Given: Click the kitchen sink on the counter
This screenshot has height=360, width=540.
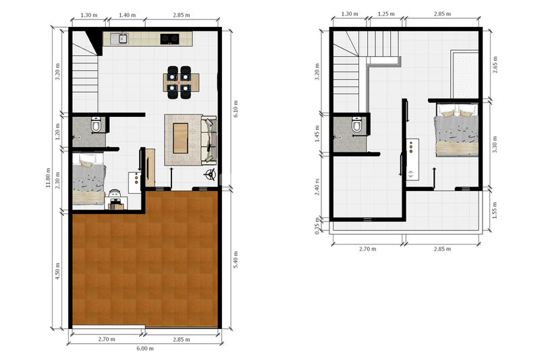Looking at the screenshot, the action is click(119, 38).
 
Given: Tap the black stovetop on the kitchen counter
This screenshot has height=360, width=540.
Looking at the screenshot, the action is click(169, 39).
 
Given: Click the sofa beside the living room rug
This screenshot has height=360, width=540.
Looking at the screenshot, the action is click(209, 140).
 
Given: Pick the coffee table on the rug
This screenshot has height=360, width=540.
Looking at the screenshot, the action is click(180, 138).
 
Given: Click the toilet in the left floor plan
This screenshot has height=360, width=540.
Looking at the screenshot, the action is click(96, 124).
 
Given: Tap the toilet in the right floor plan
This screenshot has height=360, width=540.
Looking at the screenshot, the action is click(357, 124).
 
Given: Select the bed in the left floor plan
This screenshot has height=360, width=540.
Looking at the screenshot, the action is click(88, 179).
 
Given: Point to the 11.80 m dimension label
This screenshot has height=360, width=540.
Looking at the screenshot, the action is click(48, 178).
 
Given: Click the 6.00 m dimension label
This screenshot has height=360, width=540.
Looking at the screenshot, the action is click(145, 349).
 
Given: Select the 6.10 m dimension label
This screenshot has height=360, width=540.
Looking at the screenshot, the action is click(236, 109).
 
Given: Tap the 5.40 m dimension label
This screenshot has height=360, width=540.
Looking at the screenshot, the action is click(236, 260).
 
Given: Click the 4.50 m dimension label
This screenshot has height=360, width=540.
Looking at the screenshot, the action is click(57, 271).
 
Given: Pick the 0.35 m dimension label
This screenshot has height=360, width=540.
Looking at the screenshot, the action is click(317, 226).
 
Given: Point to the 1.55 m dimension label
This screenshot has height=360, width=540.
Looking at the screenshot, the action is click(495, 211).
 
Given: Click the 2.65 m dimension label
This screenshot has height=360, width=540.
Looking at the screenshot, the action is click(495, 65).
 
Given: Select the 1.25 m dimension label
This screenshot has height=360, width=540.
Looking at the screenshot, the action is click(386, 14).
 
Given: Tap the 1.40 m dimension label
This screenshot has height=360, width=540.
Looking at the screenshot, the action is click(127, 15).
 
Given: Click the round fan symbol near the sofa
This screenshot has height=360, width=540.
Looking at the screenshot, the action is click(210, 175).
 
